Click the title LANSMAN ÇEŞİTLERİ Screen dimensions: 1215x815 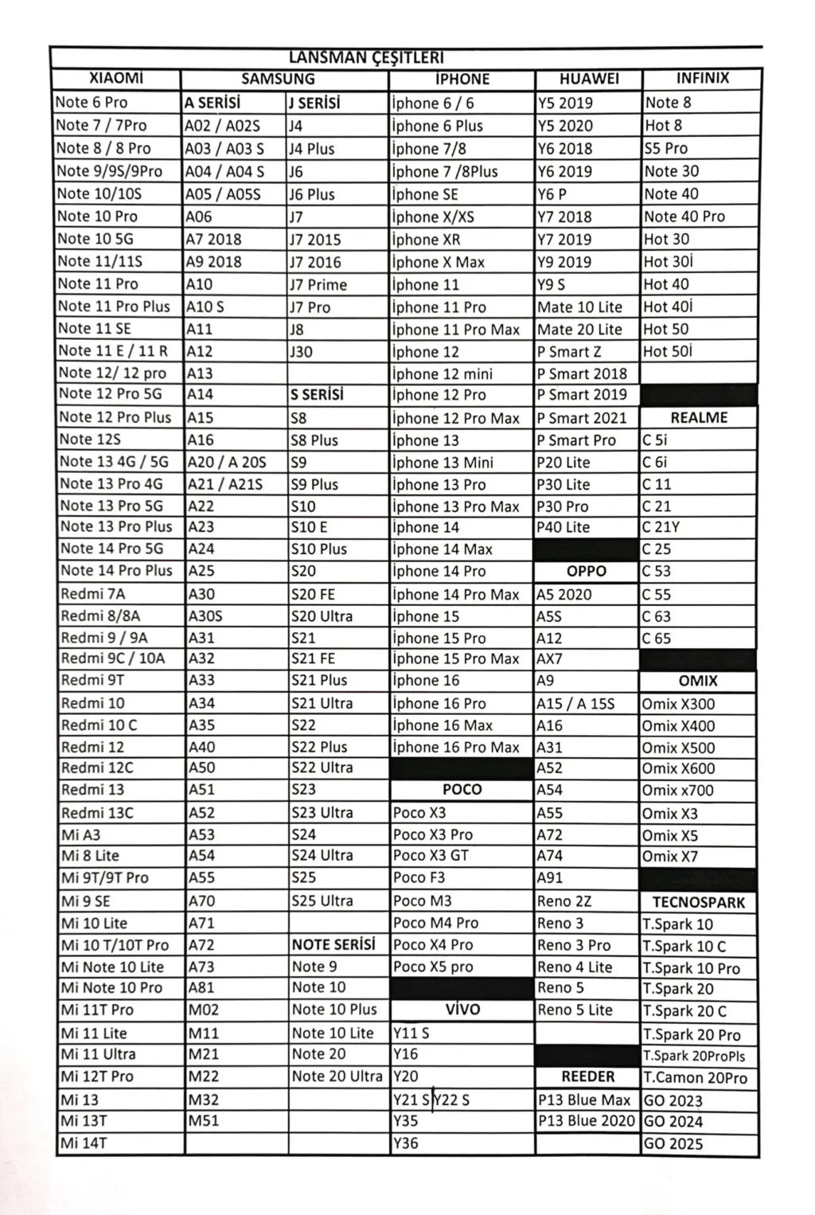pyautogui.click(x=366, y=57)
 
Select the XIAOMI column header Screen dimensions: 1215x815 pyautogui.click(x=116, y=78)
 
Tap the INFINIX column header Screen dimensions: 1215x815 pyautogui.click(x=702, y=78)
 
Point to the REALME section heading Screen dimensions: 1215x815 pyautogui.click(x=699, y=417)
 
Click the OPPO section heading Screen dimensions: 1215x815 pyautogui.click(x=587, y=571)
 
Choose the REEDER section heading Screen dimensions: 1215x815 pyautogui.click(x=588, y=1076)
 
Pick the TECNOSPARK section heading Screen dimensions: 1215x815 pyautogui.click(x=699, y=902)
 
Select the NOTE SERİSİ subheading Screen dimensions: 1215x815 pyautogui.click(x=333, y=944)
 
